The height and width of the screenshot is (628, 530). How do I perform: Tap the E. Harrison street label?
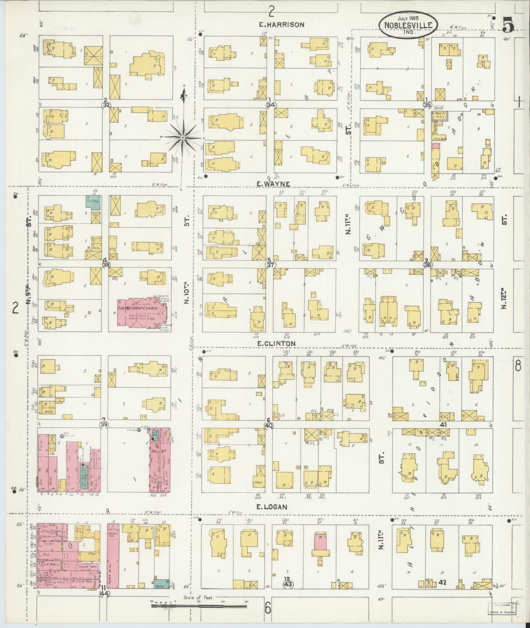point(281,25)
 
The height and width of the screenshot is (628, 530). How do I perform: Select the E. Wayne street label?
point(273,184)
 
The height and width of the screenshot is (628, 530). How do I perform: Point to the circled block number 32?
point(106,104)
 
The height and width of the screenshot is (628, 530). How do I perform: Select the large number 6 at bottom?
point(268,608)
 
